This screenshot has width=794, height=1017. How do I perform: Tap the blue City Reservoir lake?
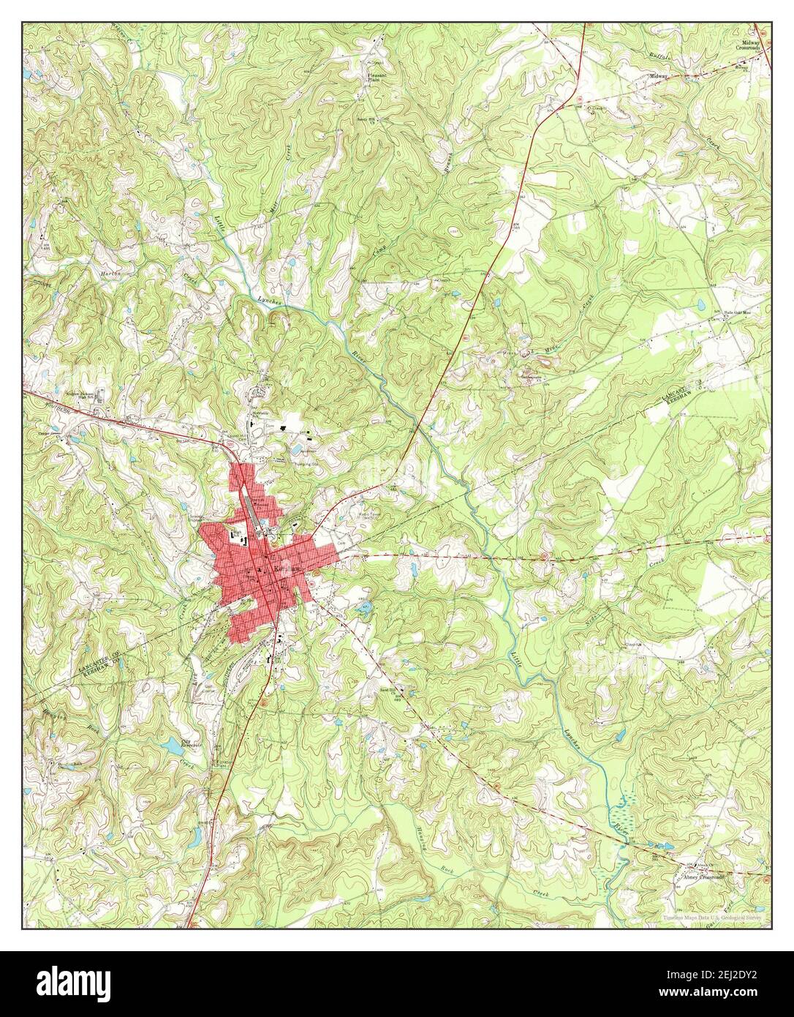click(x=173, y=746)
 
